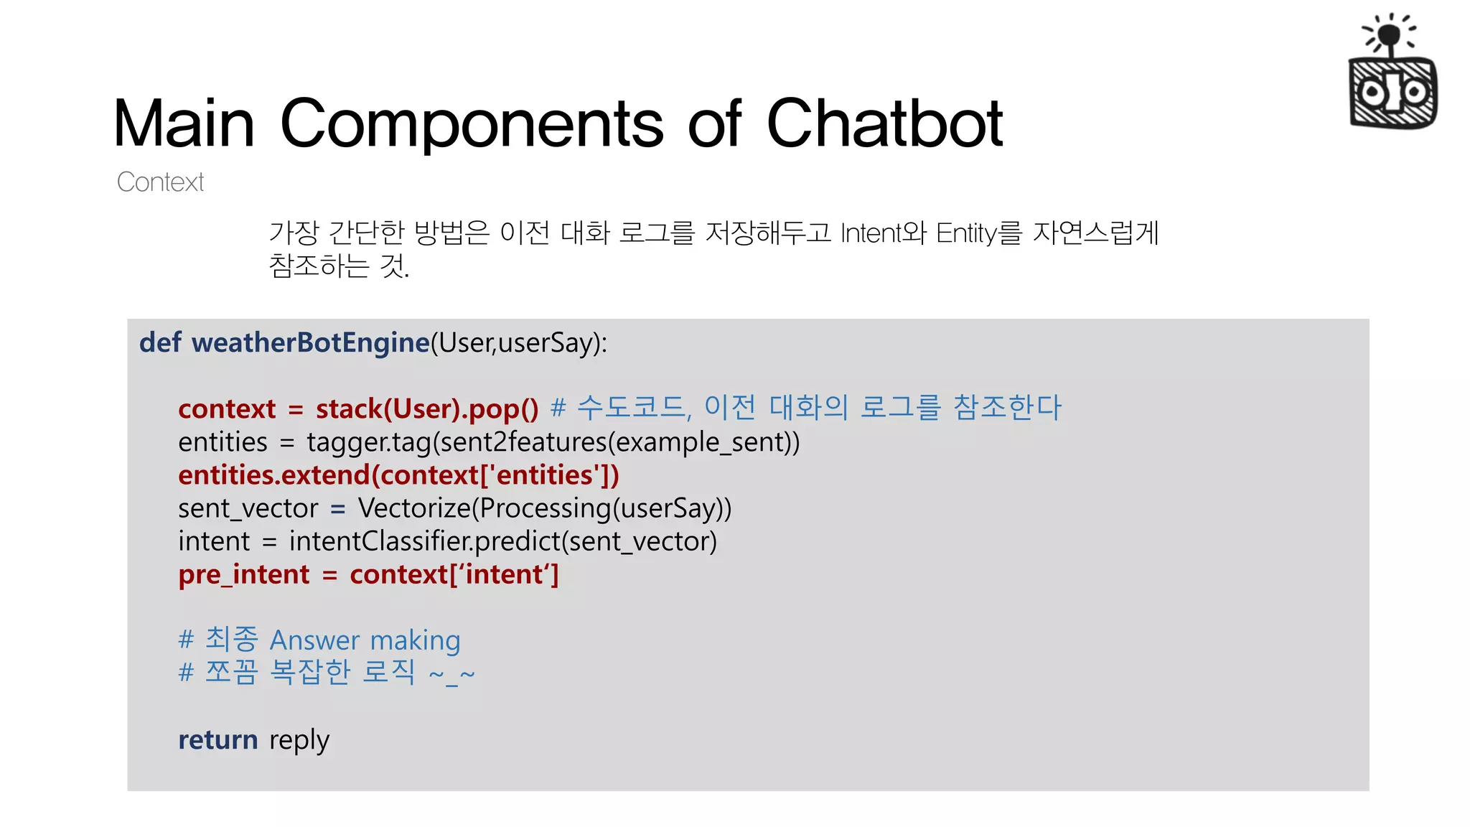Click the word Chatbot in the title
click(x=884, y=123)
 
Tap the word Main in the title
click(x=184, y=123)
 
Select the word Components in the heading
click(x=472, y=123)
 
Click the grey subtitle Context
click(x=160, y=182)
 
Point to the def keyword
click(x=160, y=342)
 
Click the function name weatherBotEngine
click(x=310, y=342)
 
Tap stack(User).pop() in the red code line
click(x=427, y=408)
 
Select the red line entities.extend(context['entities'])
click(x=398, y=475)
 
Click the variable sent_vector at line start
click(x=248, y=508)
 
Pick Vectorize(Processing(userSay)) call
click(x=545, y=508)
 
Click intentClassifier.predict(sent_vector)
click(x=502, y=541)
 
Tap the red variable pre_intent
click(x=244, y=574)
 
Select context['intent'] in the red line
click(x=454, y=574)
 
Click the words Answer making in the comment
click(x=365, y=640)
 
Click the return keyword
click(x=217, y=739)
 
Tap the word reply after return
click(x=299, y=741)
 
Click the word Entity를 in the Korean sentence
click(x=978, y=233)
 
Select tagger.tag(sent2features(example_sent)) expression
click(x=553, y=442)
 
